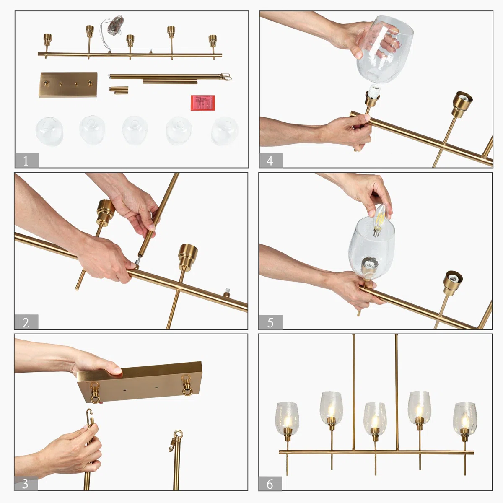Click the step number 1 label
tap(26, 160)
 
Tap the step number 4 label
tap(271, 160)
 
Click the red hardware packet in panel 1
tap(202, 103)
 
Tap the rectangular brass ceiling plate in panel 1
tap(68, 85)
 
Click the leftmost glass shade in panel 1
tap(49, 131)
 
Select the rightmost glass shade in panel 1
tap(225, 131)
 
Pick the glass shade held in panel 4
tap(384, 49)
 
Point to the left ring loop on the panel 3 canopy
tap(95, 393)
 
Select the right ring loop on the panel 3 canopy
tap(187, 385)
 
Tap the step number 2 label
tap(26, 322)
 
